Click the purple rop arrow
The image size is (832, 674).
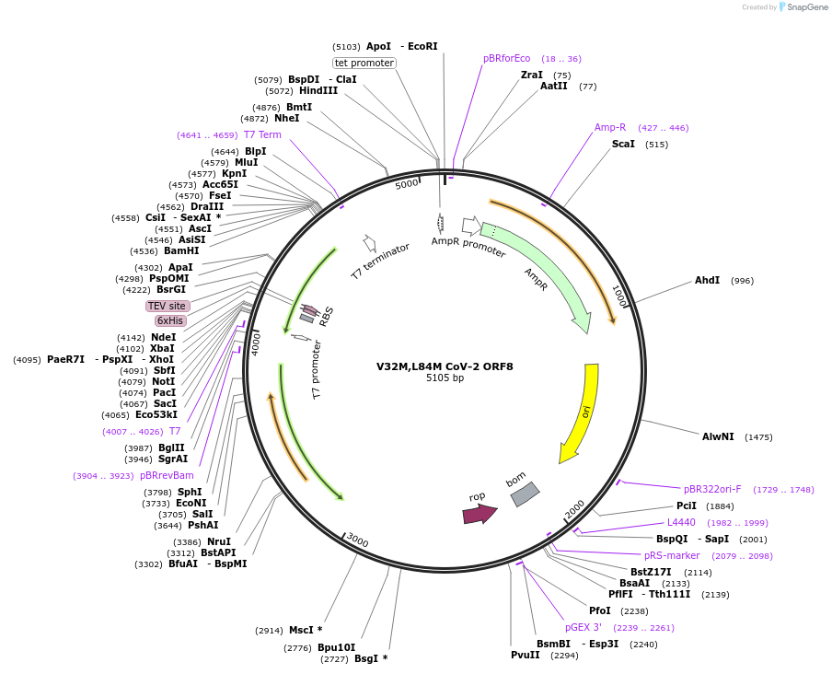(479, 514)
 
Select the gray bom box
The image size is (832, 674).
(525, 494)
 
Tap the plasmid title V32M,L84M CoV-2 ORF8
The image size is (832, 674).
(445, 366)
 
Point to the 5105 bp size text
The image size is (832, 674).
(445, 378)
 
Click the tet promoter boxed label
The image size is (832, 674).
(364, 63)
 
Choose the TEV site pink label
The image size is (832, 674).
(168, 306)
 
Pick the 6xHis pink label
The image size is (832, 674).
(170, 320)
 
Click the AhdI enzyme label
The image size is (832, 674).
(707, 280)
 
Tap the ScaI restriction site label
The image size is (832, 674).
(623, 144)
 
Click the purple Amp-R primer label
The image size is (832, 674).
(610, 127)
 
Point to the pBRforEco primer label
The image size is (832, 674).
(507, 58)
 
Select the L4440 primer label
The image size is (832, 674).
(681, 522)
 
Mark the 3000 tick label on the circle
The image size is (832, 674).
(357, 540)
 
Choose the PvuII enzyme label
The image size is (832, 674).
(526, 655)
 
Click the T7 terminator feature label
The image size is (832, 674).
(380, 261)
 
